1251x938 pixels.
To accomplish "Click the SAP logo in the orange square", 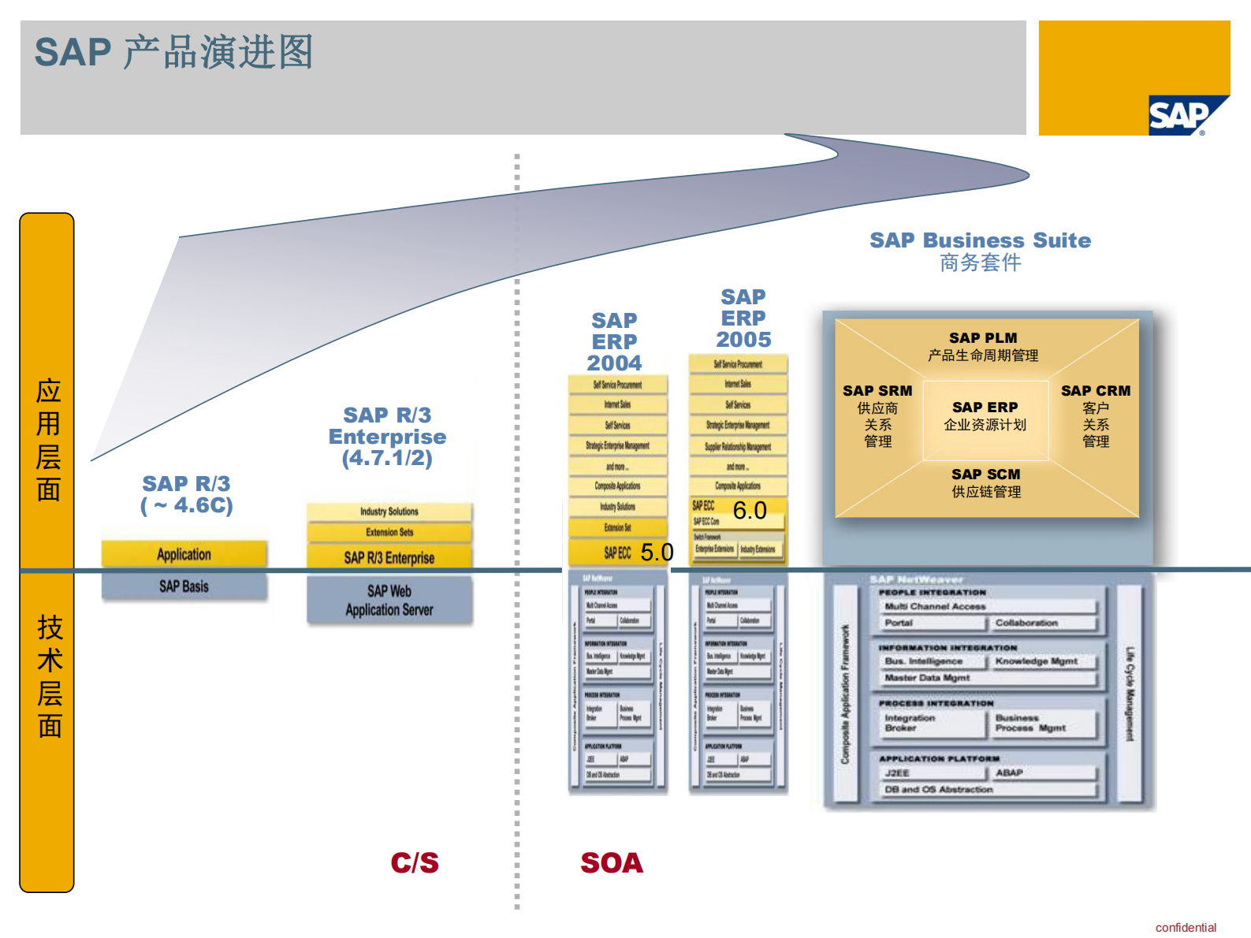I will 1181,116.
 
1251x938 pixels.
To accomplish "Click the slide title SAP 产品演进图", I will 174,52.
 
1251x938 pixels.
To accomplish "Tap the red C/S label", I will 415,863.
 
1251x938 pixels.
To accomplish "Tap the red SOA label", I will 612,863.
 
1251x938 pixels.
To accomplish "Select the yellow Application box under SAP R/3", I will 184,554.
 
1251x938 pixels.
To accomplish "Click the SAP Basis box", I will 184,586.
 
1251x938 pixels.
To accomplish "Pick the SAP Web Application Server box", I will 389,601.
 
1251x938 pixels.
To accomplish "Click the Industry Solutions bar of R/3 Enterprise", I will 389,512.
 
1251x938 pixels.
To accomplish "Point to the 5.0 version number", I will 657,552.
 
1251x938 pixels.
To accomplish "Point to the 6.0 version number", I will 750,511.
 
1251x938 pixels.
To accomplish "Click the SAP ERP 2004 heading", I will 615,341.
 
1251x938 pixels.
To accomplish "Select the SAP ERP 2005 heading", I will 743,318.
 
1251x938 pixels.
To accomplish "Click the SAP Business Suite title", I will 980,240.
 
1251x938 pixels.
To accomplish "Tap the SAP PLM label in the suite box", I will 983,338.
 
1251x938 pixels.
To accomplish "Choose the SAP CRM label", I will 1095,391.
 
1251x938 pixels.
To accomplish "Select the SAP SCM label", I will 985,475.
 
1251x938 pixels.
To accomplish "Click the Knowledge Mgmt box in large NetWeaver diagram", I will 1036,661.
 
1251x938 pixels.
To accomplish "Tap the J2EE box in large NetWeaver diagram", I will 897,773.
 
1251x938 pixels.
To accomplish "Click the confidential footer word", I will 1186,928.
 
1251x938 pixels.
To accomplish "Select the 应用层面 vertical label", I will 48,439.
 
